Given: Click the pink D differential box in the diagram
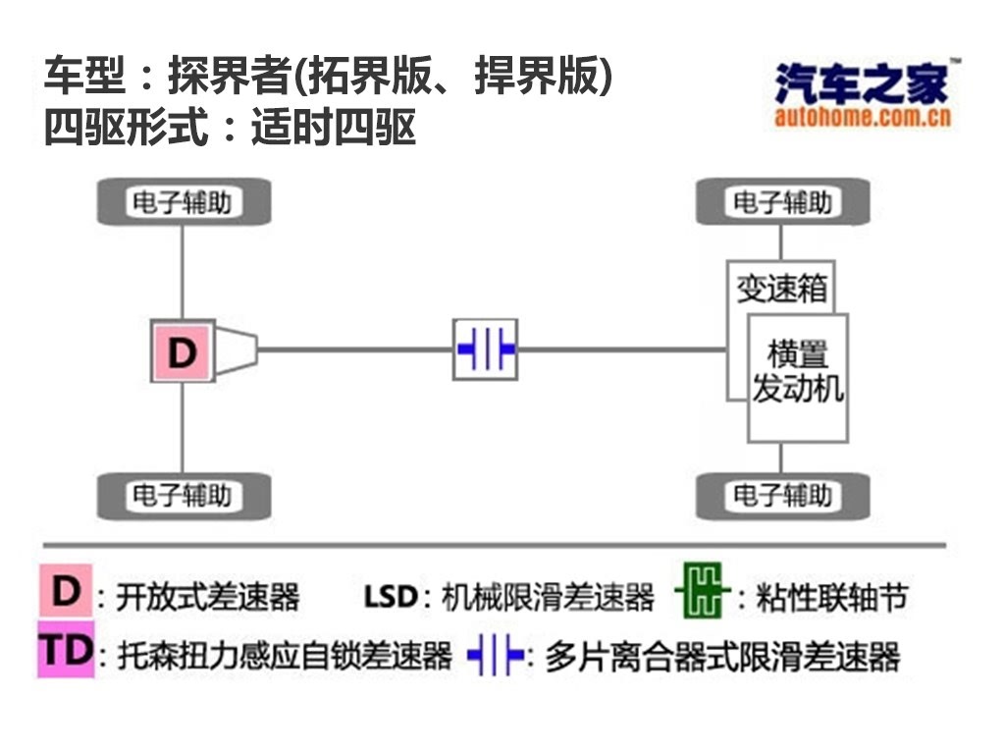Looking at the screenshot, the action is tap(183, 351).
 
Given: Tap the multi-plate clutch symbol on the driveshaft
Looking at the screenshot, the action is tap(485, 350).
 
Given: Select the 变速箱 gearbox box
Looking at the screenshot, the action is tap(780, 288).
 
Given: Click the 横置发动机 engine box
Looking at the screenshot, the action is tap(798, 378).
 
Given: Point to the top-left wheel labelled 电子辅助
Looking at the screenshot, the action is tap(184, 202).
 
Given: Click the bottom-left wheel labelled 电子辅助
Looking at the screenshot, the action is tap(184, 496).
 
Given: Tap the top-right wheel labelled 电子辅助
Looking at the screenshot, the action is tap(782, 202).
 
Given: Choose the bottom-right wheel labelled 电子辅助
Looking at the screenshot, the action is tap(782, 496).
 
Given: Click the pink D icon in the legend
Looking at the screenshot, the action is tap(66, 590).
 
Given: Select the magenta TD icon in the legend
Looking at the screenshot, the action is tap(66, 650).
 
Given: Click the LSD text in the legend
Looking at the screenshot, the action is tap(391, 597).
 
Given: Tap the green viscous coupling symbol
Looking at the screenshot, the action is tap(703, 590).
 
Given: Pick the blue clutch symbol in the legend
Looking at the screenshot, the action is tap(495, 655).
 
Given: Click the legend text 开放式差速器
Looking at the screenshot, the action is tap(208, 597).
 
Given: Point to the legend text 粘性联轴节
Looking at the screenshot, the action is tap(832, 597).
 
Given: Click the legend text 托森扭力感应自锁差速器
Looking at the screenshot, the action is tap(286, 656).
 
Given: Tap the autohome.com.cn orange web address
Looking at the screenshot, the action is tap(862, 117).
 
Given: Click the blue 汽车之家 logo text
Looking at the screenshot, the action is tap(861, 82).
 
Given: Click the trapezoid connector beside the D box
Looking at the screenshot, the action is tap(237, 350).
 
